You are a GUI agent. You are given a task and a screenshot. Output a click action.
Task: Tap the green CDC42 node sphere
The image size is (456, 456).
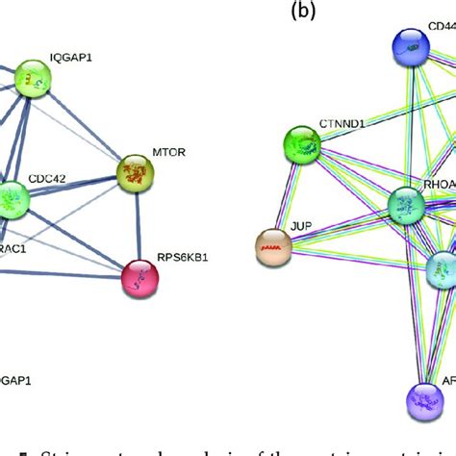point(12,199)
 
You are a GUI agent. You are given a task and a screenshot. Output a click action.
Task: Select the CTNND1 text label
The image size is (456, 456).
point(341,125)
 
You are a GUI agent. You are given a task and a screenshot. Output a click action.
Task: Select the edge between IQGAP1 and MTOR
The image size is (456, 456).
point(87,130)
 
